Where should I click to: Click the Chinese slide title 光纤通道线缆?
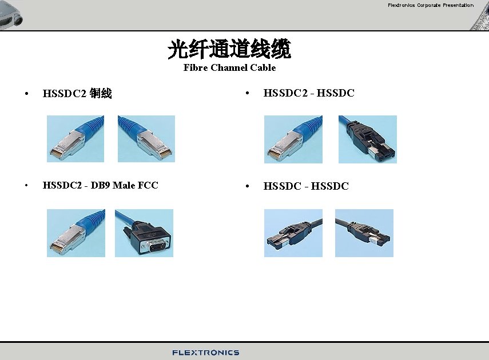pos(229,50)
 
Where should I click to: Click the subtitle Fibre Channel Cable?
pos(229,67)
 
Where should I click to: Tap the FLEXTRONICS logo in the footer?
pos(206,353)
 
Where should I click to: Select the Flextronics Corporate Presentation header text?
pos(431,5)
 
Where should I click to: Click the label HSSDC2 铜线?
pos(77,93)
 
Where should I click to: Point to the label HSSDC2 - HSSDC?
pos(309,93)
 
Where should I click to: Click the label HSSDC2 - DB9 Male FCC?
pos(100,185)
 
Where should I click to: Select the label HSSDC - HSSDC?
pos(306,186)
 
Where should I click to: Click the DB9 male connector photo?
pos(144,233)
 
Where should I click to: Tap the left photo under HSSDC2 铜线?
pos(75,139)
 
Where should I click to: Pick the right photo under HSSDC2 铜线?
pos(146,139)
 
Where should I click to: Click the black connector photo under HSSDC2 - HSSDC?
pos(367,139)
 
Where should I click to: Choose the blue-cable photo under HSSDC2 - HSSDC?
pos(293,139)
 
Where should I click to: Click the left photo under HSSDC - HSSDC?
pos(293,233)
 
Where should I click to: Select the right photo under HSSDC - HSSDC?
pos(364,233)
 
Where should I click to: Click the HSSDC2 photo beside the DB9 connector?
pos(76,233)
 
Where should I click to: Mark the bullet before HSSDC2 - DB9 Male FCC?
pos(26,186)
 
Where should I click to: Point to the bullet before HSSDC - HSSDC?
pos(247,186)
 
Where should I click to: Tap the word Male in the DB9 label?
pos(124,185)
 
